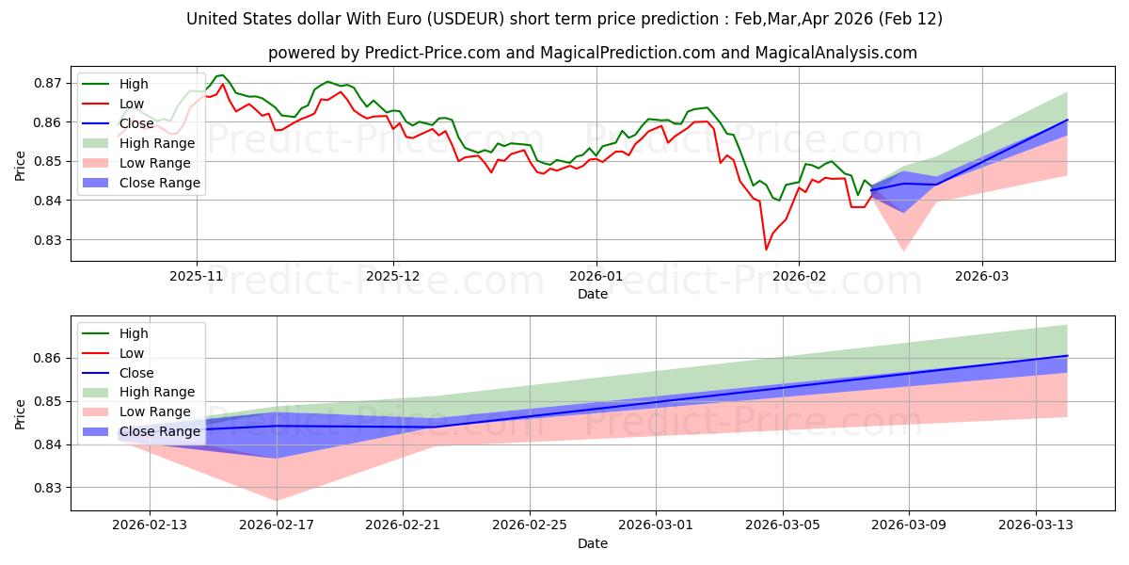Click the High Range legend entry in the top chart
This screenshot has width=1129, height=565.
[157, 143]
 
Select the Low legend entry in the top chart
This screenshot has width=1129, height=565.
[132, 104]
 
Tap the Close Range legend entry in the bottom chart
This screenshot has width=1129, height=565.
[160, 431]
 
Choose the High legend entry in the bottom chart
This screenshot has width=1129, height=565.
[134, 333]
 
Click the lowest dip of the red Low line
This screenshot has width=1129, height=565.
[766, 250]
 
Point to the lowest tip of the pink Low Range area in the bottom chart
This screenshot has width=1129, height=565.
[277, 501]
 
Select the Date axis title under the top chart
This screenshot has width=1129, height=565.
[593, 295]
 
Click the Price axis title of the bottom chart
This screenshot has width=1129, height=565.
[21, 413]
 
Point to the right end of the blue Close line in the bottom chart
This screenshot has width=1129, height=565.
[1067, 356]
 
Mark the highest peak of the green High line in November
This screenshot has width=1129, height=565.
[221, 75]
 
